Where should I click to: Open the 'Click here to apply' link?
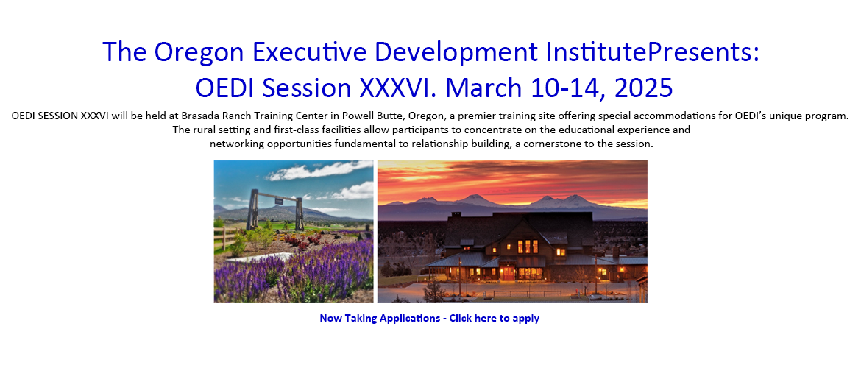(495, 318)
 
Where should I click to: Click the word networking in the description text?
(235, 145)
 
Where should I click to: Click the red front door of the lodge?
(509, 273)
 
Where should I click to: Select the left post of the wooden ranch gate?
(254, 209)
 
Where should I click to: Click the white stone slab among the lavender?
(259, 257)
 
